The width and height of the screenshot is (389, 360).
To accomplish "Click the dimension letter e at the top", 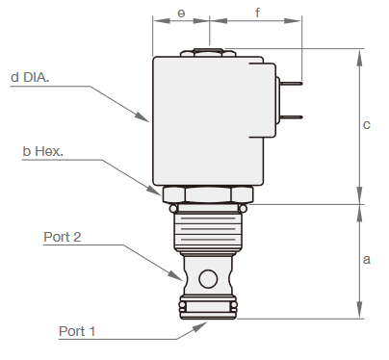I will tap(181, 13).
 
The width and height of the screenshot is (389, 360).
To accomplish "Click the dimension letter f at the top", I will tap(257, 13).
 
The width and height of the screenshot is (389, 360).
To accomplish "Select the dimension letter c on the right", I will tap(366, 125).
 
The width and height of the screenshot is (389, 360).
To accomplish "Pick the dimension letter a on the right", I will tap(366, 260).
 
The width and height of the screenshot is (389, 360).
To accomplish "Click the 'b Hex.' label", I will tap(42, 151).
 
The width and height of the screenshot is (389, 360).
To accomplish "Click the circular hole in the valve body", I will tap(207, 279).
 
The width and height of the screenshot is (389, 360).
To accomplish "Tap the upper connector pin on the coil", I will tap(289, 83).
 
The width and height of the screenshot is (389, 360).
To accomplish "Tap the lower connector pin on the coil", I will tap(289, 117).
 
